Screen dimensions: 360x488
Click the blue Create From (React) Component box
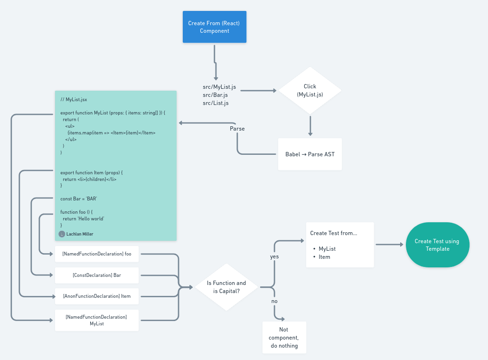[215, 27]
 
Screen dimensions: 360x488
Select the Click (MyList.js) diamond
[310, 90]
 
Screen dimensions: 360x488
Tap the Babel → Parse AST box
[310, 154]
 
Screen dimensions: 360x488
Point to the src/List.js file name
[216, 103]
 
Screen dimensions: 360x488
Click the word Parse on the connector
[237, 129]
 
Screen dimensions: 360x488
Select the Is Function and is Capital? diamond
[226, 287]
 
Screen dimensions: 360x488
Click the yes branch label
[274, 256]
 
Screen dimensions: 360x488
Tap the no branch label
[274, 301]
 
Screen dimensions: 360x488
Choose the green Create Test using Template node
[437, 245]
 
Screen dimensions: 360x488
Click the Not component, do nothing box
[284, 337]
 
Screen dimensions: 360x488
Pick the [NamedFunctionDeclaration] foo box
[97, 254]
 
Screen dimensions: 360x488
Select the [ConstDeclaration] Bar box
[97, 275]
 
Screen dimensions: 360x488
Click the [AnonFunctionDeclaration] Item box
[97, 296]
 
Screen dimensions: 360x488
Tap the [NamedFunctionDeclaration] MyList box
[97, 320]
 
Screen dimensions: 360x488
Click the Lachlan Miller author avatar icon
[62, 234]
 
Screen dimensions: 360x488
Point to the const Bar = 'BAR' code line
[79, 199]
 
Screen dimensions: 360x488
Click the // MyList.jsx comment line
[74, 100]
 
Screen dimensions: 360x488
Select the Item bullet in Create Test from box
[325, 257]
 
